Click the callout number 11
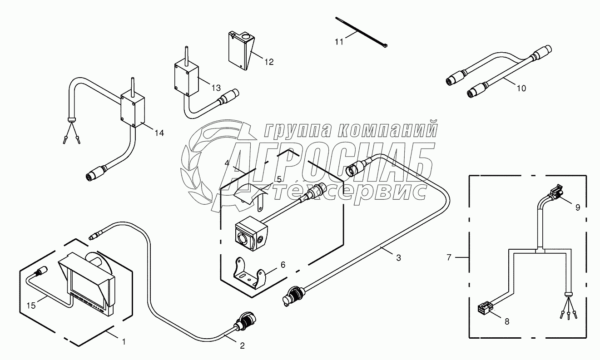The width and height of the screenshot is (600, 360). point(339,42)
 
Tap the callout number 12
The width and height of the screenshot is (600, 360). point(269,62)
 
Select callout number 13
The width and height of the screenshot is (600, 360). point(216,88)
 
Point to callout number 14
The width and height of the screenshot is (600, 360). point(159,133)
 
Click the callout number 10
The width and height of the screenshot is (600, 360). point(521,88)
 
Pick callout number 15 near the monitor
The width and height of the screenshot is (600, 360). point(31,306)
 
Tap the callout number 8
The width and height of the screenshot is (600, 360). point(507,321)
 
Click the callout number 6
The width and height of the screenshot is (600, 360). point(283,265)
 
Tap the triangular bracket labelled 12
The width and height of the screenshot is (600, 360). point(241,50)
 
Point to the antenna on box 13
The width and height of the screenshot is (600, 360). point(186,56)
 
